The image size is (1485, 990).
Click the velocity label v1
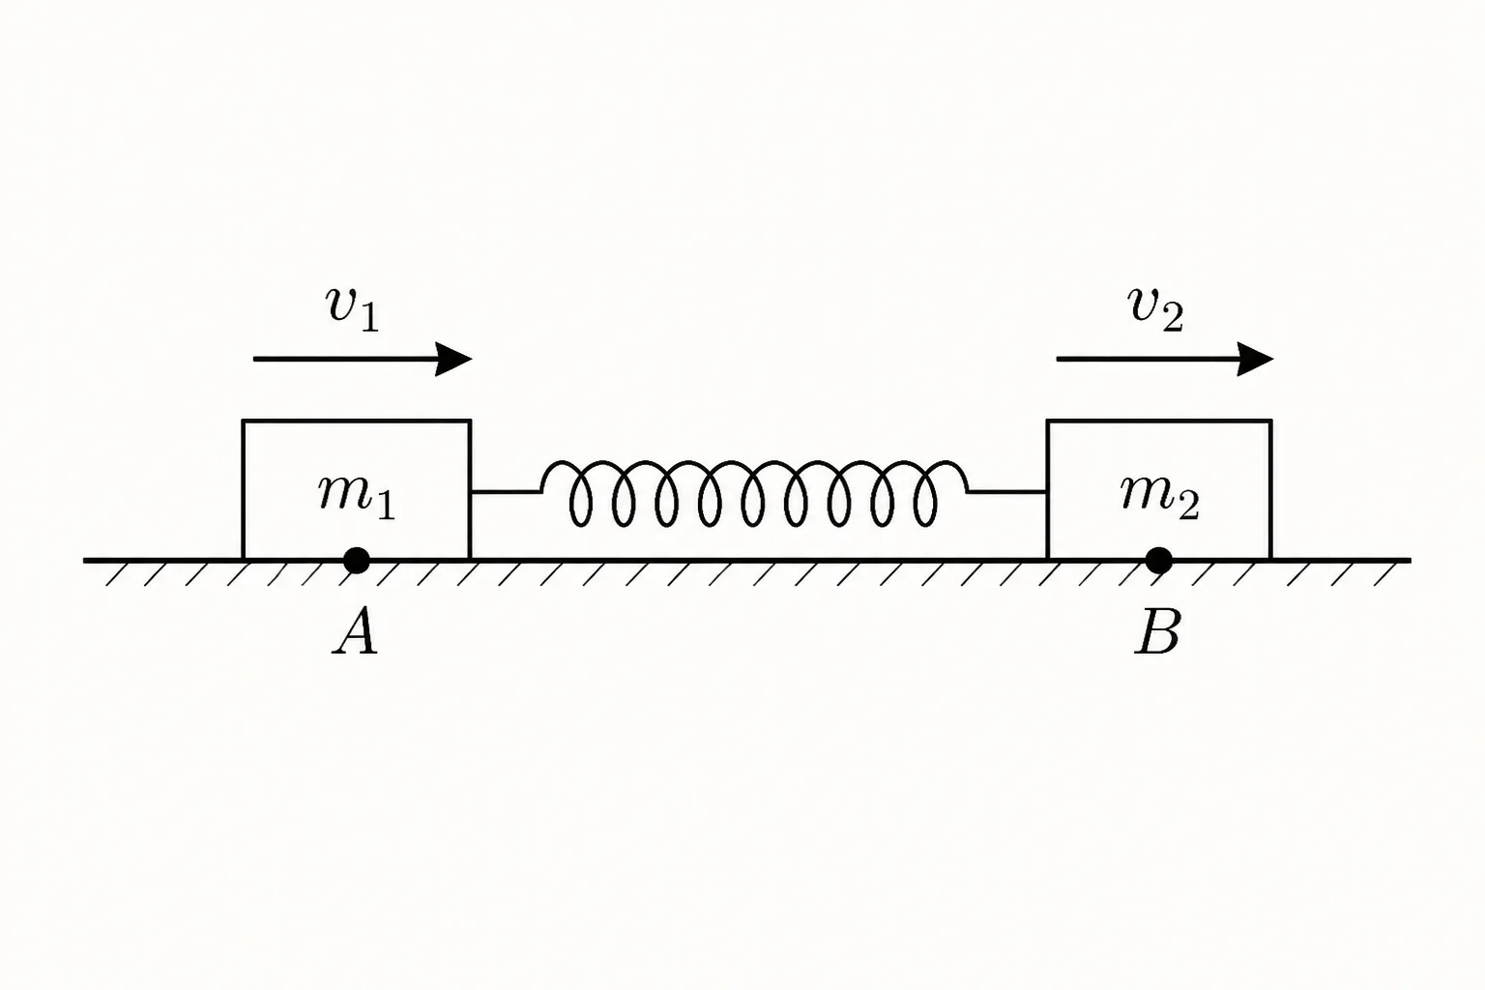353,310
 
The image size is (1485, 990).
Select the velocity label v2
1155,310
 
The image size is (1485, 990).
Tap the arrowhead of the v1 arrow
454,360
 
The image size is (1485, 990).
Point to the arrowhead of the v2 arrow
1256,360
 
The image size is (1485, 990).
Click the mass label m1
357,497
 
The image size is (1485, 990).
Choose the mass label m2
1160,497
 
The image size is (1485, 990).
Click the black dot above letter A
357,561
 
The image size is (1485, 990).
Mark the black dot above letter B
1159,561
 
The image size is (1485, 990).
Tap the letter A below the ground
356,633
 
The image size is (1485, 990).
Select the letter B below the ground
1157,633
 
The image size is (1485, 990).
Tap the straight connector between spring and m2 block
1007,492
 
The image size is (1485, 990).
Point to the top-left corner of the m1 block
244,421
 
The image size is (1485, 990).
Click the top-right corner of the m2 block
1271,421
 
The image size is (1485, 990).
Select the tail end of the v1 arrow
254,360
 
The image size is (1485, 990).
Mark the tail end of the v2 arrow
1058,360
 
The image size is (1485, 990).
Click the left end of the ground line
84,561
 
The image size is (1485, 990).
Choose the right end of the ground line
1411,561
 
